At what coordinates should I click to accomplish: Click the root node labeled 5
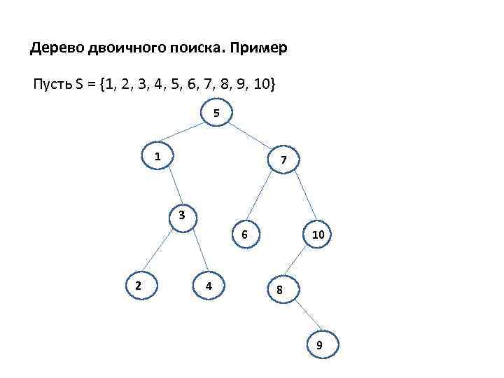click(216, 113)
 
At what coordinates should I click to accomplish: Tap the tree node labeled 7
click(283, 161)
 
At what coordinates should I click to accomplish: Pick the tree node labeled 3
click(181, 215)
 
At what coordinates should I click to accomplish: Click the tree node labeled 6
click(244, 234)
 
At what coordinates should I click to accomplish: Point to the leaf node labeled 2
click(139, 285)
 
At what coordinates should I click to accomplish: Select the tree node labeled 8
click(279, 290)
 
